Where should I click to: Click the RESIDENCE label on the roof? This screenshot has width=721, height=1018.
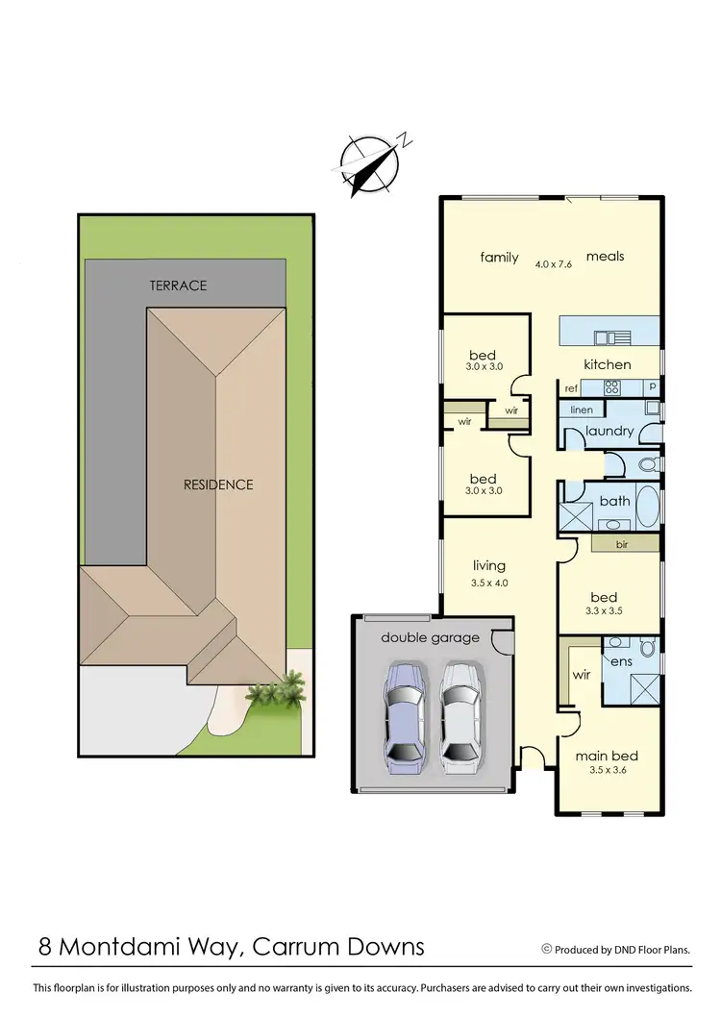218,484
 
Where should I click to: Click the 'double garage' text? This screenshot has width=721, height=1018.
430,637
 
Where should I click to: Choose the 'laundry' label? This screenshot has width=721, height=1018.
609,431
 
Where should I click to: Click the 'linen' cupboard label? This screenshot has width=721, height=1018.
581,410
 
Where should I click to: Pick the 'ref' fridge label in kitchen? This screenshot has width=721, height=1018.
571,388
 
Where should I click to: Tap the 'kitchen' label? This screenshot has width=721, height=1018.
608,364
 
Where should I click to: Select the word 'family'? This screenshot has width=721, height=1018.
499,257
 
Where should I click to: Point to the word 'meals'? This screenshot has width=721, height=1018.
605,256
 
